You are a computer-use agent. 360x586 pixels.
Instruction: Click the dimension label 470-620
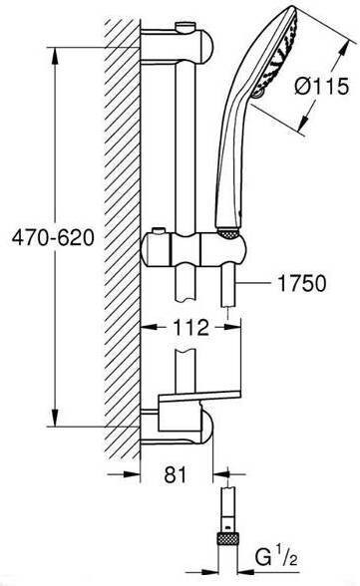[53, 237]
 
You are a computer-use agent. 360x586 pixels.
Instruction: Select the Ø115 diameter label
[322, 86]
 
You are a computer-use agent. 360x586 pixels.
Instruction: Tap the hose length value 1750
[302, 283]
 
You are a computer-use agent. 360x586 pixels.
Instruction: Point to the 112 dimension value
[190, 327]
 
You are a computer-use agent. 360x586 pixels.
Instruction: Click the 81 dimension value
[175, 475]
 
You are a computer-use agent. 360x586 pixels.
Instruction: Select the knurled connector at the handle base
[228, 233]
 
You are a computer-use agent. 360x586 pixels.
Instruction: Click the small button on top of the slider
[160, 232]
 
